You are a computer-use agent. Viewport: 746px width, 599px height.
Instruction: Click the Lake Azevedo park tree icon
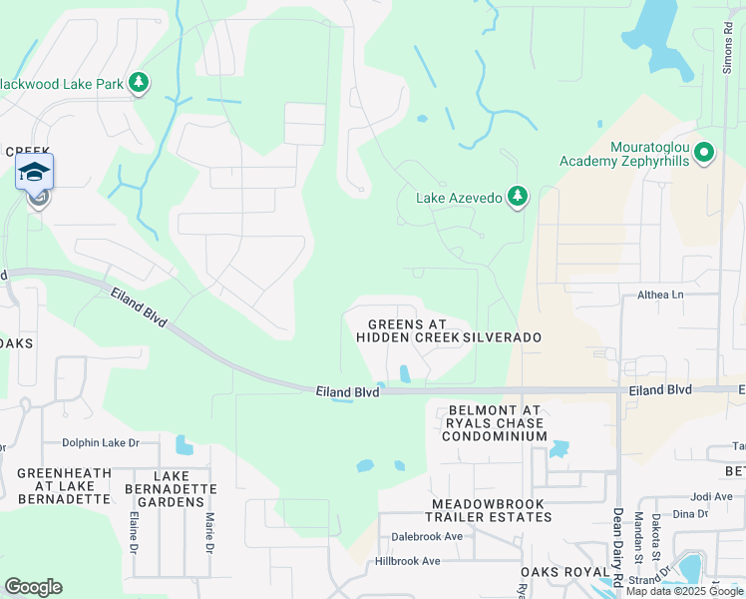517,196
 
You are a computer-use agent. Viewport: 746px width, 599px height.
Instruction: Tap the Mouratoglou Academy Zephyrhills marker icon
705,153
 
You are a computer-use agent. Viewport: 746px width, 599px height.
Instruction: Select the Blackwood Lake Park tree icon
140,83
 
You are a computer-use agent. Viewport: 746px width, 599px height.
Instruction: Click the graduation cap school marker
35,173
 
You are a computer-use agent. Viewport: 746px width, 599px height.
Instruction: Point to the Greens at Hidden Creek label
407,330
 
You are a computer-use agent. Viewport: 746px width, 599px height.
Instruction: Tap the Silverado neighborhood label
502,337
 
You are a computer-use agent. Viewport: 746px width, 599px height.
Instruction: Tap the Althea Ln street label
660,296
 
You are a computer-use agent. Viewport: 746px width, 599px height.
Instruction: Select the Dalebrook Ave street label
426,536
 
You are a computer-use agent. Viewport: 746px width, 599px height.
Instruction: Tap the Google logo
33,587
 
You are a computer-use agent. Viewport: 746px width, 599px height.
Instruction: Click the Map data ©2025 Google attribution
684,591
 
